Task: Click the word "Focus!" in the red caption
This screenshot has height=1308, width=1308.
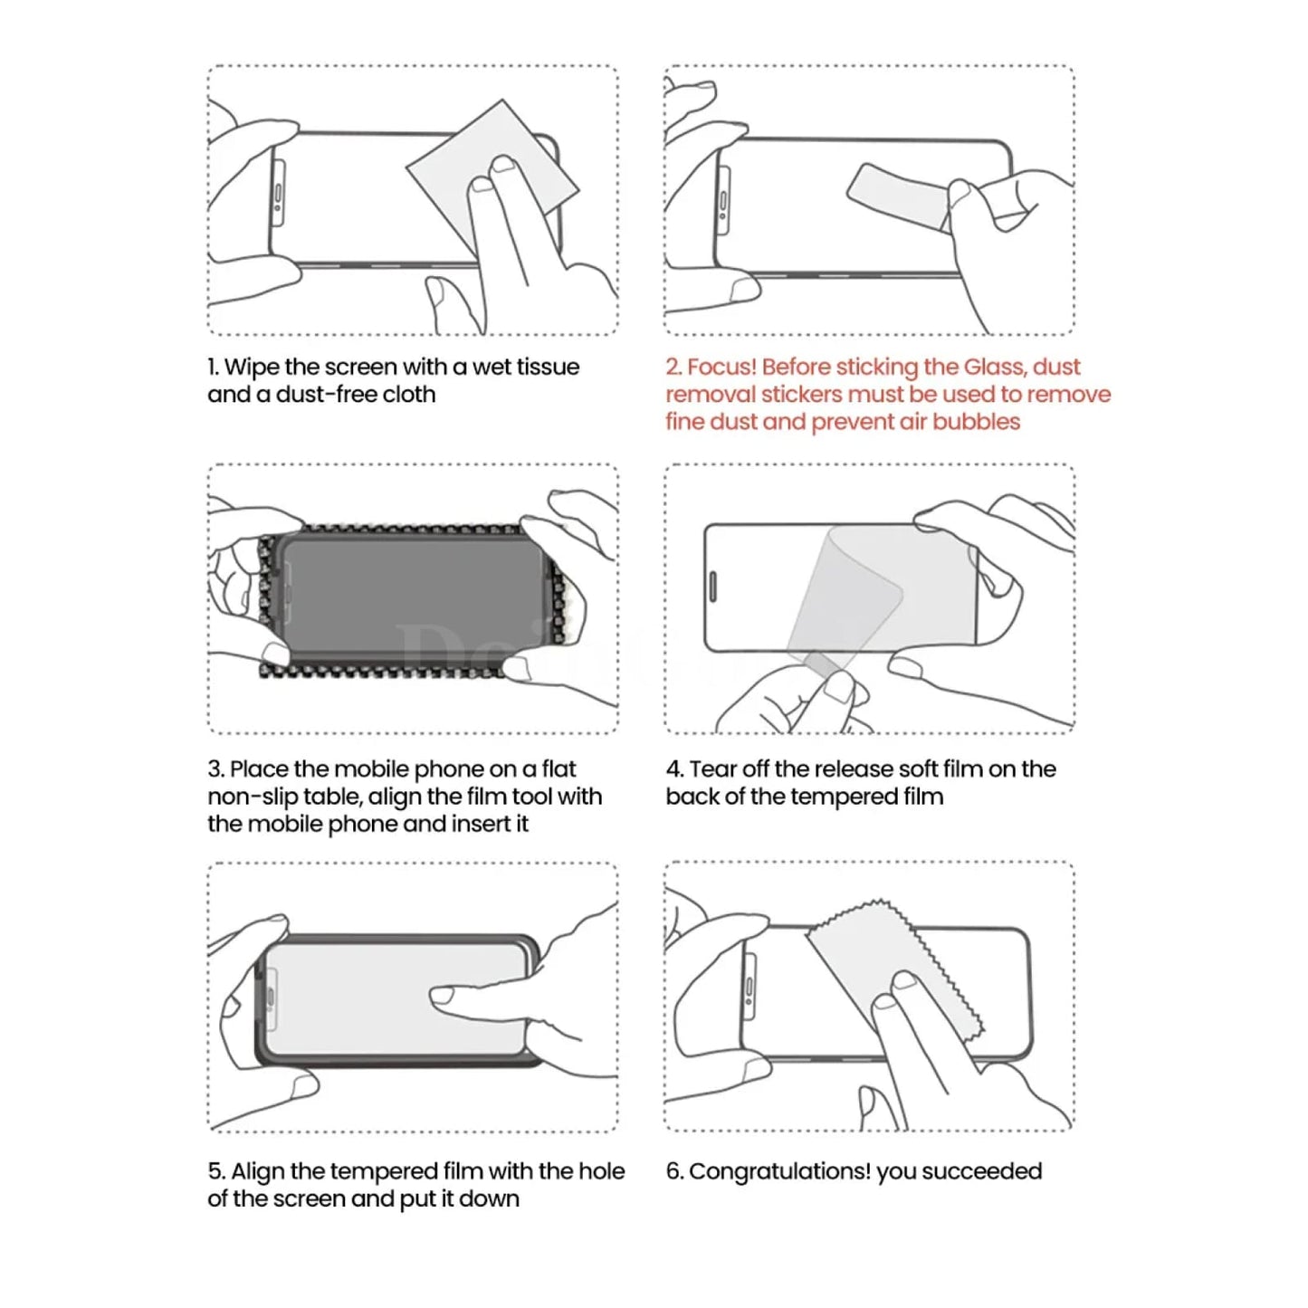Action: [721, 368]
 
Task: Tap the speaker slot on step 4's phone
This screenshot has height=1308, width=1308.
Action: [712, 587]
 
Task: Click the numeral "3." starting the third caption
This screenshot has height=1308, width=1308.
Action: [215, 769]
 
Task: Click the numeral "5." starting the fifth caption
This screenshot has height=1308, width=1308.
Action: [216, 1172]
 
